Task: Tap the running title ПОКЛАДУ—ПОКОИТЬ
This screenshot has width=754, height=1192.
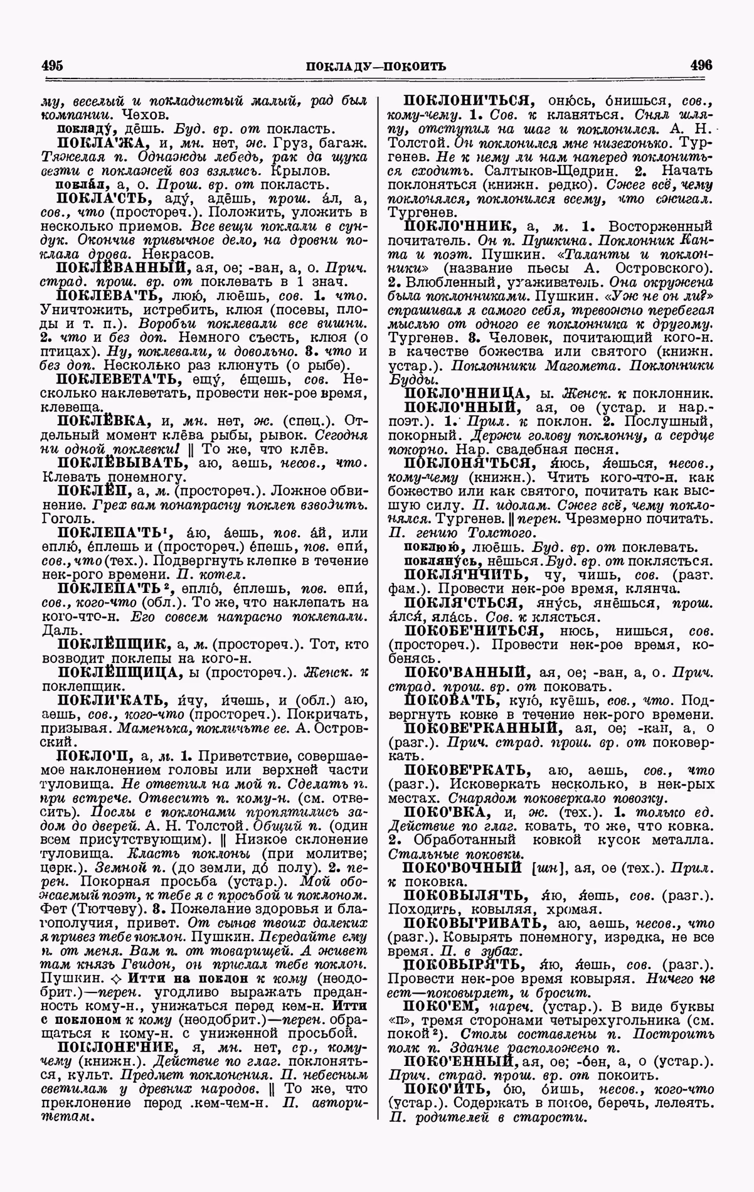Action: tap(376, 65)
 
